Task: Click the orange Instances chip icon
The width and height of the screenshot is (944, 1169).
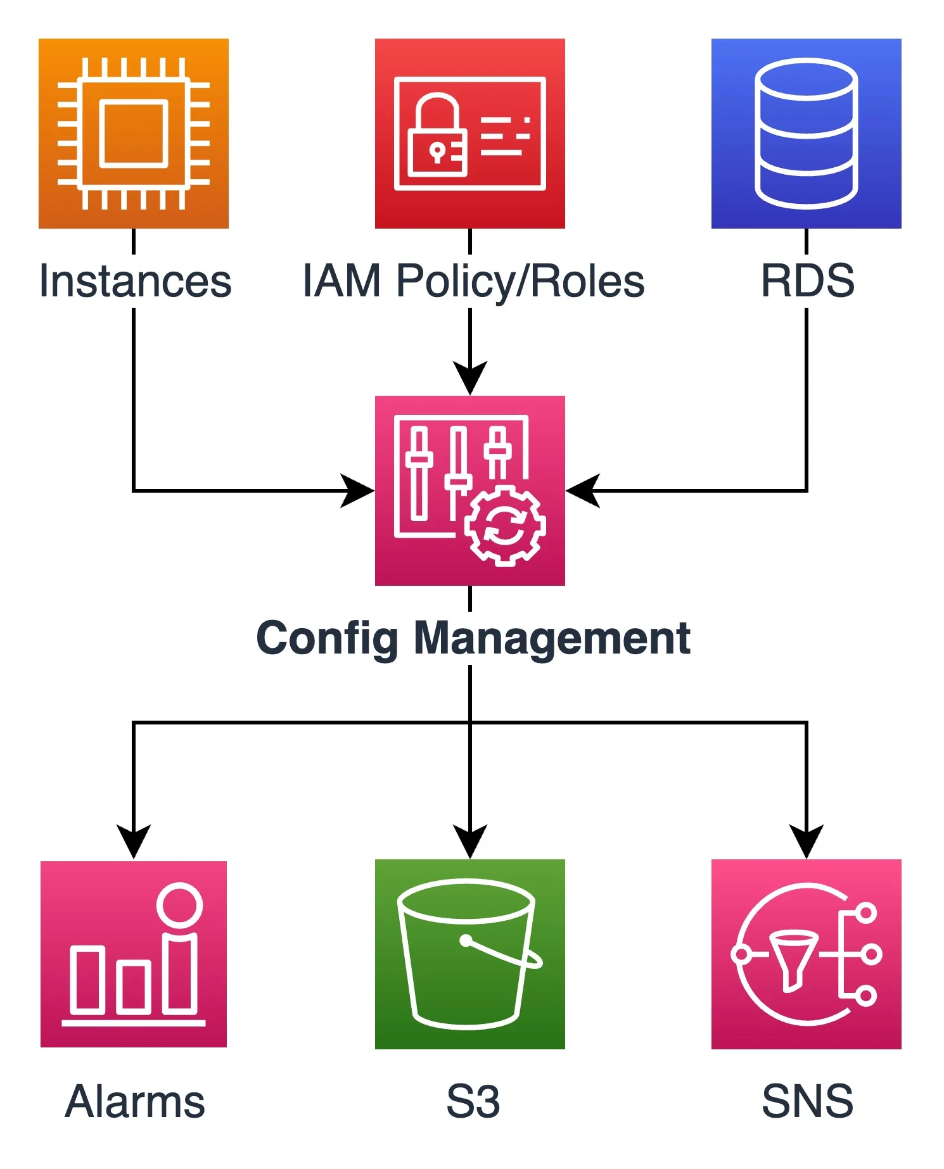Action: click(133, 133)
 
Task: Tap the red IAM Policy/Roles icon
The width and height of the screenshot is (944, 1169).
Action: click(469, 133)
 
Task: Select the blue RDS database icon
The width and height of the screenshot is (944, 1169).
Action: click(806, 133)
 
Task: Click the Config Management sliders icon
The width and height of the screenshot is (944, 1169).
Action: click(469, 490)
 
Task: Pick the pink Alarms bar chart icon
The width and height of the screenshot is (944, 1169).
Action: click(133, 954)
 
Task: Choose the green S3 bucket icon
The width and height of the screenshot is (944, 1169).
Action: click(469, 954)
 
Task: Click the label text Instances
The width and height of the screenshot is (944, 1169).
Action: click(135, 281)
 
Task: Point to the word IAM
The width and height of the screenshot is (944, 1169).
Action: click(341, 281)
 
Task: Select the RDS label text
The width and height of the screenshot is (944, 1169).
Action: click(807, 281)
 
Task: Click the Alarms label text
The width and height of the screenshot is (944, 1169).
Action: click(135, 1102)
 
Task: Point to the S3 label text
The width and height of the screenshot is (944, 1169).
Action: click(473, 1102)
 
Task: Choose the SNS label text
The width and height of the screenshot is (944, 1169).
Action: click(807, 1102)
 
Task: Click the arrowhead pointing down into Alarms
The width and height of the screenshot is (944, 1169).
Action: click(133, 841)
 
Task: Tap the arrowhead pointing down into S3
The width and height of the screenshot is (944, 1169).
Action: click(469, 841)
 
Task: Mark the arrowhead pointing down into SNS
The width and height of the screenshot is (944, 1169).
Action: click(806, 841)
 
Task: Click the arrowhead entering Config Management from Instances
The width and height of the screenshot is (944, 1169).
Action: click(357, 490)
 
